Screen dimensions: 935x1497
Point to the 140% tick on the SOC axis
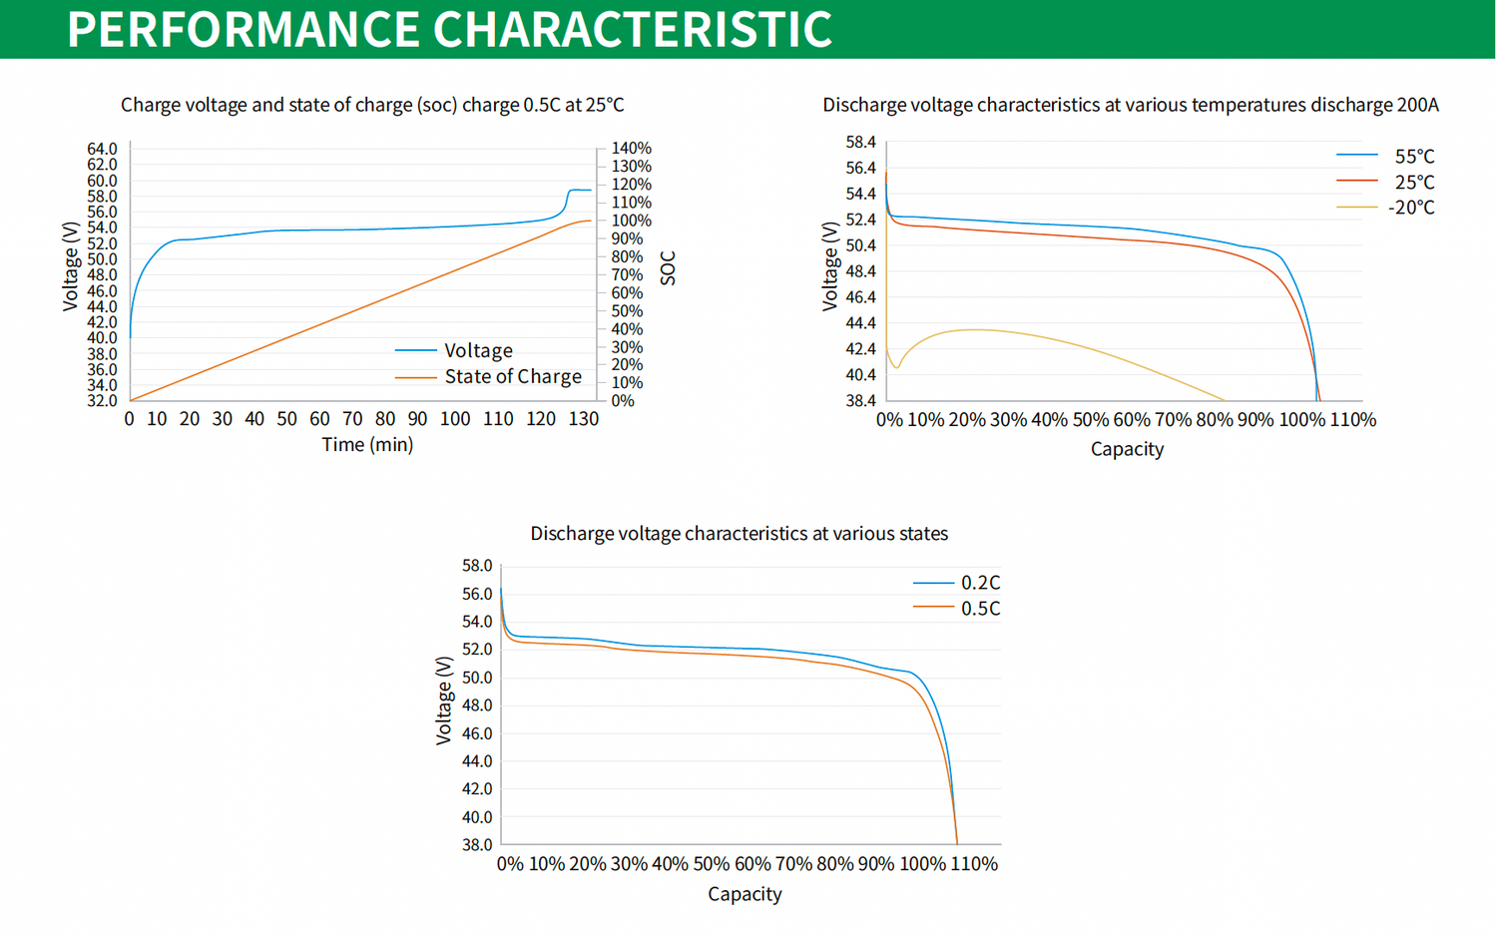[x=631, y=148]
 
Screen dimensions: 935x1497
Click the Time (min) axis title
[x=367, y=444]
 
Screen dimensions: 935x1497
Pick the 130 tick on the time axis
[x=584, y=419]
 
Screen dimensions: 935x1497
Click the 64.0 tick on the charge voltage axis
[x=102, y=149]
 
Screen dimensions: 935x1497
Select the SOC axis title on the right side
[x=668, y=267]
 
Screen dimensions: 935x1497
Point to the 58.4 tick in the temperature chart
[x=860, y=142]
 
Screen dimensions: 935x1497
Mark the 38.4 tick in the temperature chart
[x=860, y=401]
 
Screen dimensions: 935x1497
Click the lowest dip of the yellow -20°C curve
[x=896, y=367]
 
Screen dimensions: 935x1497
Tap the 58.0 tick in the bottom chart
[x=477, y=566]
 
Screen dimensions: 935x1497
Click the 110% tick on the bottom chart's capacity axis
[x=973, y=864]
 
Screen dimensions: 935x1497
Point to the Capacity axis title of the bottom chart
[x=745, y=894]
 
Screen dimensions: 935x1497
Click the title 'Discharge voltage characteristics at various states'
[x=739, y=534]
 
